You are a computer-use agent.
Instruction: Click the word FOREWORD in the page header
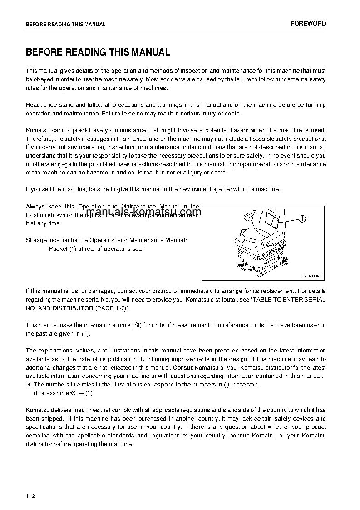point(308,24)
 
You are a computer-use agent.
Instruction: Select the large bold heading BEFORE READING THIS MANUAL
point(98,52)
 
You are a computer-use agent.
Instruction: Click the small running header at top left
point(66,25)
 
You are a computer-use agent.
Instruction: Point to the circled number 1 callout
point(302,219)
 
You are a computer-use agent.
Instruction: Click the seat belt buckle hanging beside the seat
point(287,260)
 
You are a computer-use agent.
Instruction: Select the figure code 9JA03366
point(312,276)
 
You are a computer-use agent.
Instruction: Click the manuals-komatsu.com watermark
point(143,212)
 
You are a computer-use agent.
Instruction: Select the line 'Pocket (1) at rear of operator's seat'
point(96,249)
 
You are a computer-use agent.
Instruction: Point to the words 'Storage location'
point(47,240)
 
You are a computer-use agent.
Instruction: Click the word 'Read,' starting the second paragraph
point(34,105)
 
